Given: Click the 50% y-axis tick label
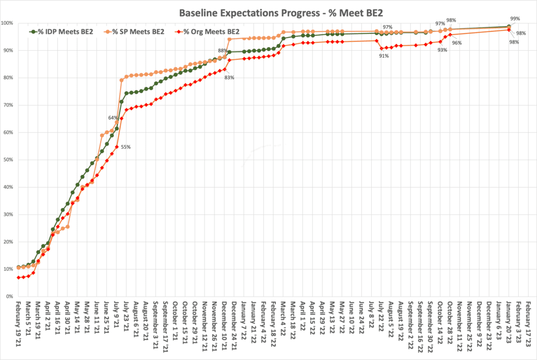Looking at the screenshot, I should (x=8, y=160).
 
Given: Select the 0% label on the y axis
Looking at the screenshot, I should (x=10, y=297).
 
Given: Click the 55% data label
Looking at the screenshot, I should (x=126, y=147).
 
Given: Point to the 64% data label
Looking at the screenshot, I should (x=113, y=117).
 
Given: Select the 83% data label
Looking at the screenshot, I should (x=229, y=78).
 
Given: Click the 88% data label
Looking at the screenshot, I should (x=222, y=51).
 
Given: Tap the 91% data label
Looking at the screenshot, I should (x=384, y=56).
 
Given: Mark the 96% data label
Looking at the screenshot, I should (x=457, y=43).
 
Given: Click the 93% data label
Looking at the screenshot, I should (x=442, y=50).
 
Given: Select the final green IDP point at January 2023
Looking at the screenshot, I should (x=509, y=26).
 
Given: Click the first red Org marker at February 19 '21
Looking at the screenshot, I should (x=18, y=277).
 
